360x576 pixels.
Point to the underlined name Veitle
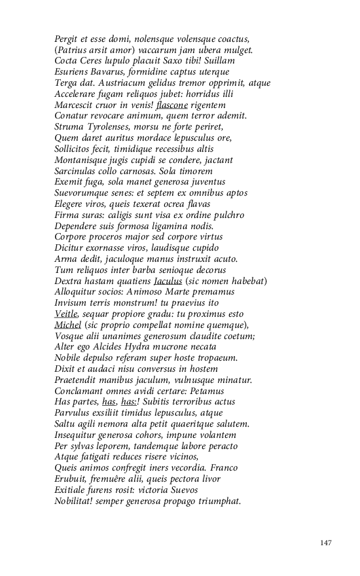[x=67, y=314]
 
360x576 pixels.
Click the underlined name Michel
[x=67, y=325]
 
